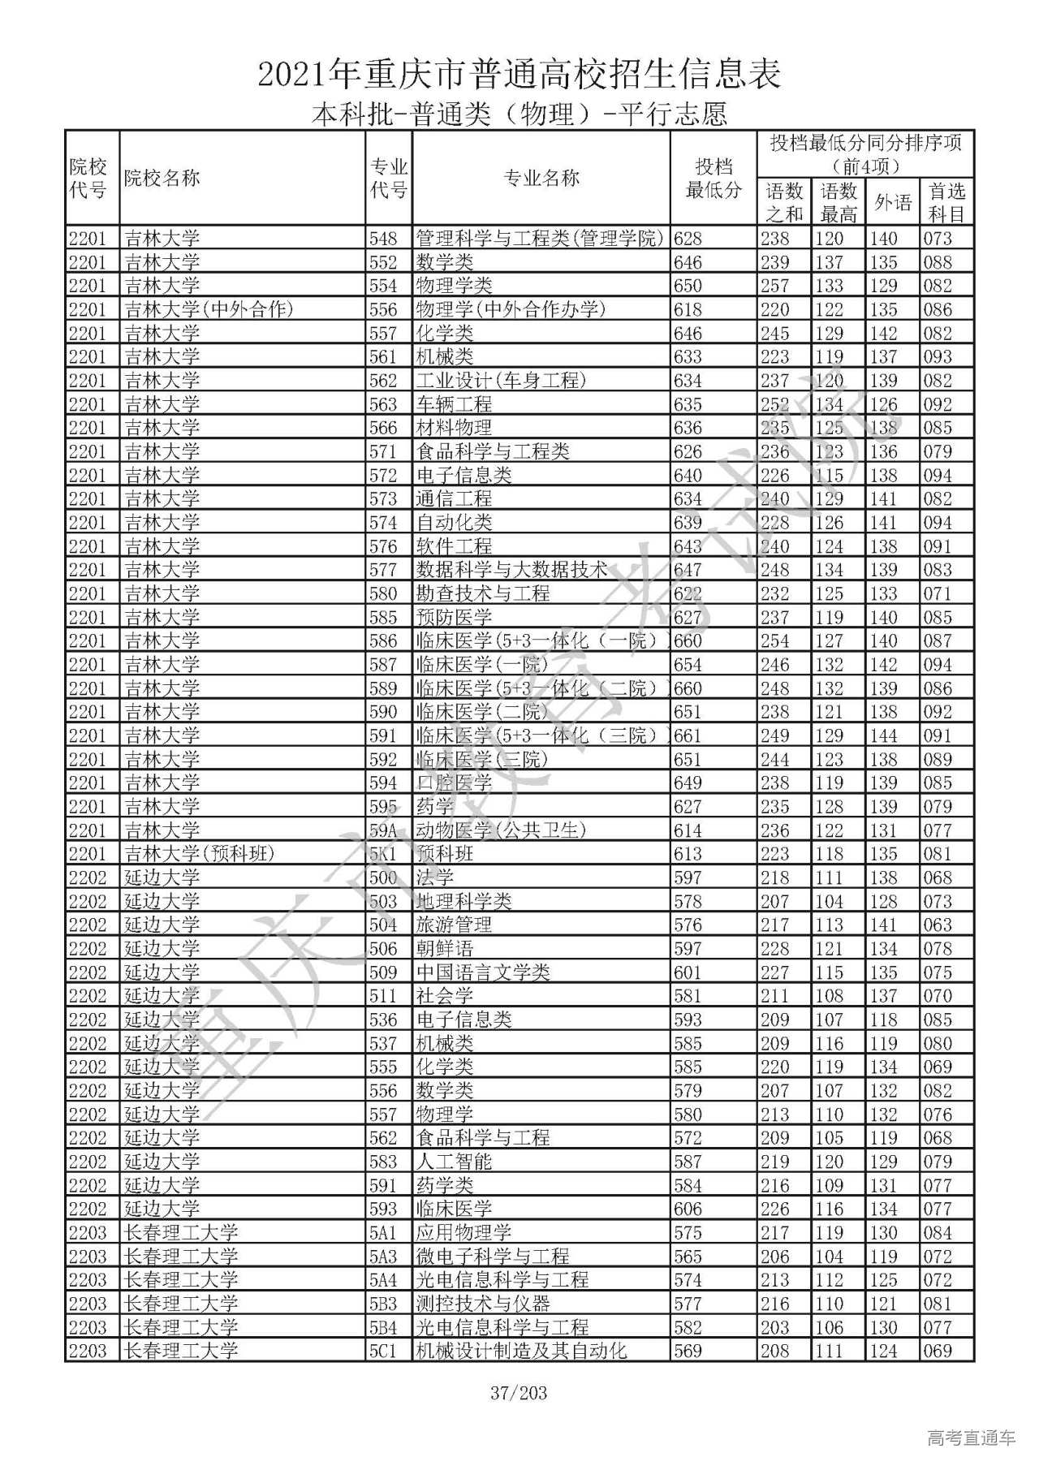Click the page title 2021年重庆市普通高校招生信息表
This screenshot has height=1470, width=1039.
(x=519, y=75)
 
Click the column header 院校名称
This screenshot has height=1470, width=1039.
(x=162, y=179)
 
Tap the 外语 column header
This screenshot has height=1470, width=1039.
(x=893, y=203)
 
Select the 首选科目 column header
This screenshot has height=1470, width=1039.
(x=946, y=203)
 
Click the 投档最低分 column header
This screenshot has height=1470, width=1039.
(x=714, y=179)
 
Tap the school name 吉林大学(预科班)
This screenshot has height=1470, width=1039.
(x=200, y=854)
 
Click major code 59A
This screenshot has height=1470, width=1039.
(x=383, y=830)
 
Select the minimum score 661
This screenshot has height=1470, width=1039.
(x=688, y=735)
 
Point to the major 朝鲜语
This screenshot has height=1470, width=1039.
(x=444, y=949)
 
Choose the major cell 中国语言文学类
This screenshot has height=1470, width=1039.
(x=483, y=972)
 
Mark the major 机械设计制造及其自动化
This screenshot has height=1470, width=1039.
(x=521, y=1351)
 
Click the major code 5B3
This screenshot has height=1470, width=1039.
(x=383, y=1304)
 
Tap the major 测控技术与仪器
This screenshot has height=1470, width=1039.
(x=483, y=1304)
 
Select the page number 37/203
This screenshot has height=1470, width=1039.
(x=519, y=1394)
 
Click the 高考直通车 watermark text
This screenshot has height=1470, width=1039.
(x=971, y=1438)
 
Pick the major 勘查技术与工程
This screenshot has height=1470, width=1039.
(x=483, y=593)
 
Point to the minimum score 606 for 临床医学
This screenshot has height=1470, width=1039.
(x=688, y=1209)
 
